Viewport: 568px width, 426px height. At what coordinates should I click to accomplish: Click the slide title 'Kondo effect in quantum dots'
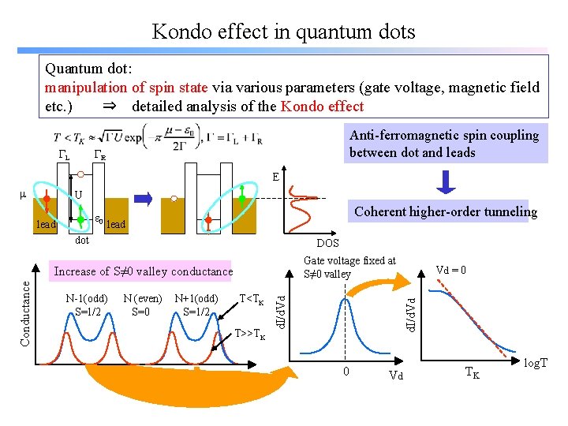point(283,32)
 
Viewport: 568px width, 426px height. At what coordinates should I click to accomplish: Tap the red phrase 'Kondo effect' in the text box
point(323,106)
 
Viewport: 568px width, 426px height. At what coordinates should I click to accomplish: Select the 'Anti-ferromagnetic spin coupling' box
point(445,144)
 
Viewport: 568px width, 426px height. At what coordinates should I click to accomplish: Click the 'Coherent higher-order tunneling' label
point(446,211)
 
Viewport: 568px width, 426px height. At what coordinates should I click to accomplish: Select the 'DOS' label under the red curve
point(327,245)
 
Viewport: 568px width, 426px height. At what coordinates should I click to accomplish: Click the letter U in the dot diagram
point(78,195)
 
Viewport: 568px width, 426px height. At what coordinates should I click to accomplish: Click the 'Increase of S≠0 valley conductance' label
point(144,271)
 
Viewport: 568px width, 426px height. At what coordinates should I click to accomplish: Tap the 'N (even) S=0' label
point(143,305)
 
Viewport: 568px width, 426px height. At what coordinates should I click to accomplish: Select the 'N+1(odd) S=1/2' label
point(197,305)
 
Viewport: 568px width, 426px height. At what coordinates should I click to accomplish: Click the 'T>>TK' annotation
point(250,332)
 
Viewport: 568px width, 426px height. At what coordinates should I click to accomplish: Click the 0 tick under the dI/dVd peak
point(345,372)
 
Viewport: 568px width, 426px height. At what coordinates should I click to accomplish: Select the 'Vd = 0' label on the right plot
point(451,270)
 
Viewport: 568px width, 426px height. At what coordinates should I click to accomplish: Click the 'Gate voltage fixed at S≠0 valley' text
point(349,267)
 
